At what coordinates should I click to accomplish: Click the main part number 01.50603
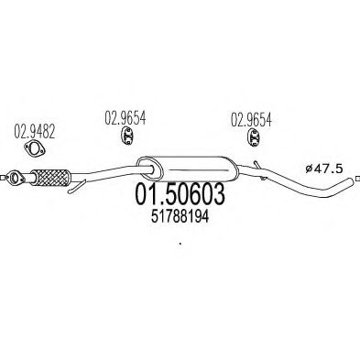click(x=180, y=194)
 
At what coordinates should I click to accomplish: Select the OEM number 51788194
click(x=180, y=217)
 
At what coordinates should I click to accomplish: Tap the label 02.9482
click(x=35, y=132)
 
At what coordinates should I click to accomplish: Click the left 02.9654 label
click(x=125, y=117)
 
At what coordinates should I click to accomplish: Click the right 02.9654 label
click(x=251, y=120)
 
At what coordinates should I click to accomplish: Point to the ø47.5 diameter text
click(x=324, y=169)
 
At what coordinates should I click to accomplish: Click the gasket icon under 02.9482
click(x=35, y=148)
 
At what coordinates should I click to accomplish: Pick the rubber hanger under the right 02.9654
click(x=254, y=137)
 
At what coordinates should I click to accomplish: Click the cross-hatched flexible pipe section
click(x=51, y=177)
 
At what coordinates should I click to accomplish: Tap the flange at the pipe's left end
click(x=15, y=178)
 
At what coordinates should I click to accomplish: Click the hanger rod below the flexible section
click(x=77, y=187)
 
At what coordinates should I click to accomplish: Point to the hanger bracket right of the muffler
click(x=260, y=170)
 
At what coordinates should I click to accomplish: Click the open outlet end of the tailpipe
click(x=353, y=181)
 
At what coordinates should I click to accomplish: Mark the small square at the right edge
click(x=358, y=178)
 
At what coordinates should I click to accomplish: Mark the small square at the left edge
click(x=2, y=177)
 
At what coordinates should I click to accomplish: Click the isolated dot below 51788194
click(x=180, y=244)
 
